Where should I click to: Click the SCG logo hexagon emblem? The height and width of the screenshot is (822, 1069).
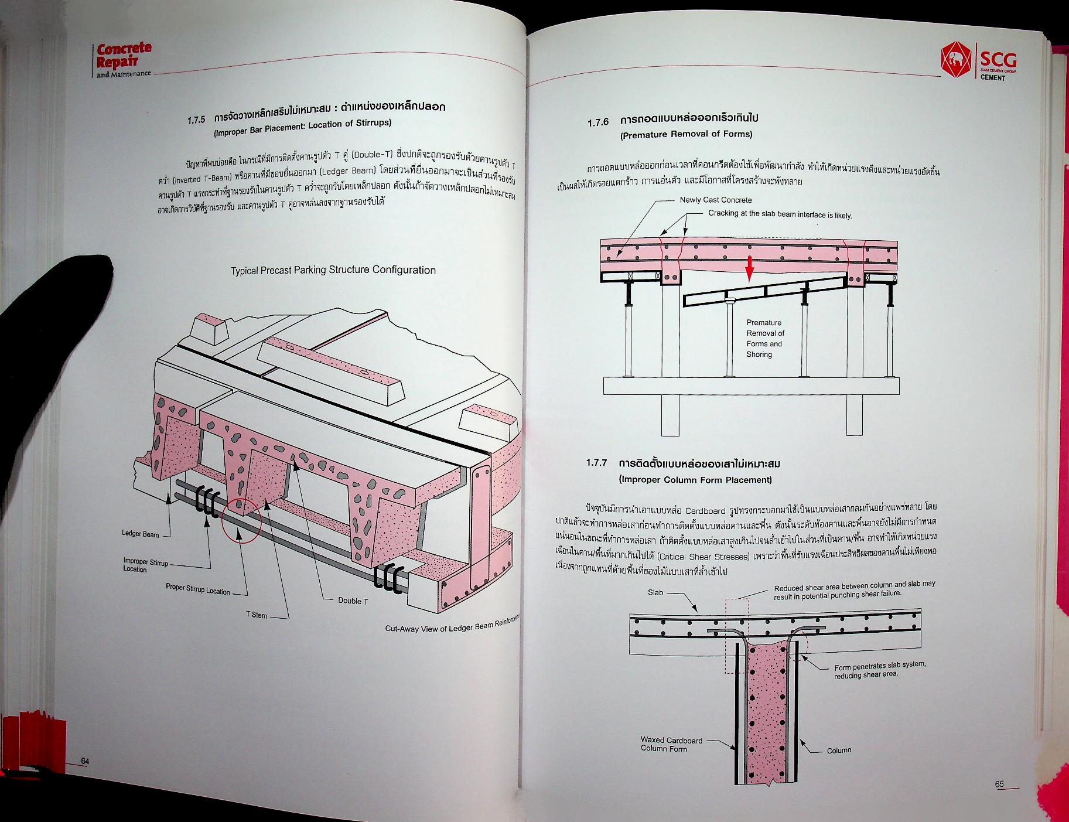tap(954, 59)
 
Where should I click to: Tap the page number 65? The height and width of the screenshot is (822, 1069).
tap(999, 784)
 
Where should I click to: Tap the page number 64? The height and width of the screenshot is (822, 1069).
tap(85, 760)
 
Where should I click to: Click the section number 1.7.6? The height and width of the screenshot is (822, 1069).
tap(598, 122)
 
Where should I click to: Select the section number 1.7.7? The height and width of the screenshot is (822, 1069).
tap(597, 462)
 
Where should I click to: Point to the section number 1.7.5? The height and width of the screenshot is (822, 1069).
tap(197, 120)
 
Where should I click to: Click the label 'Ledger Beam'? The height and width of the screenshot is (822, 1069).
tap(140, 534)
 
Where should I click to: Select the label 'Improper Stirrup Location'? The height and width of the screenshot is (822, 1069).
tap(145, 565)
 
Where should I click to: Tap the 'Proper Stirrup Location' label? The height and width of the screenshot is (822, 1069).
tap(197, 589)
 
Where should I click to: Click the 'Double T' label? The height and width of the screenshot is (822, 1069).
tap(353, 601)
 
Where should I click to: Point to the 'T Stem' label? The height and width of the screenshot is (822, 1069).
tap(257, 615)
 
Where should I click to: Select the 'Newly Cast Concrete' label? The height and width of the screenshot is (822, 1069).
tap(715, 200)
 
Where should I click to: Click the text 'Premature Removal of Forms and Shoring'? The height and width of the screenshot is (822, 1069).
tap(764, 339)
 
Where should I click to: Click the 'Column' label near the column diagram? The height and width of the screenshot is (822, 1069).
tap(839, 750)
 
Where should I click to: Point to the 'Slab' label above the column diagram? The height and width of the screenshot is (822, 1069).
tap(655, 592)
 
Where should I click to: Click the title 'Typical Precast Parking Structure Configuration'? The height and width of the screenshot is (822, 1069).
tap(333, 270)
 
